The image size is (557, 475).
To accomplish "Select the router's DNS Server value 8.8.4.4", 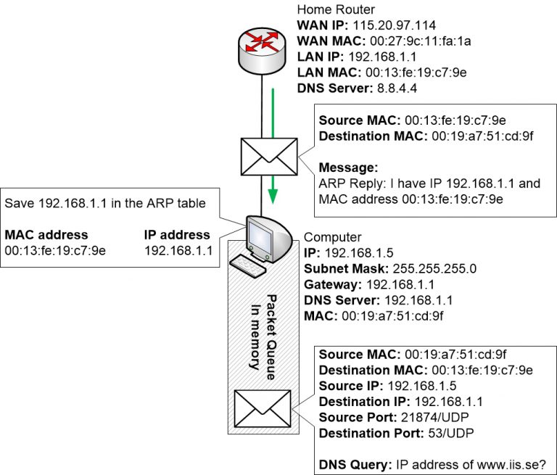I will coord(397,89).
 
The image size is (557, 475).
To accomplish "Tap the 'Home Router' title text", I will coord(335,9).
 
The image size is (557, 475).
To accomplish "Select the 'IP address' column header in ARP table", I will coord(177,235).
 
